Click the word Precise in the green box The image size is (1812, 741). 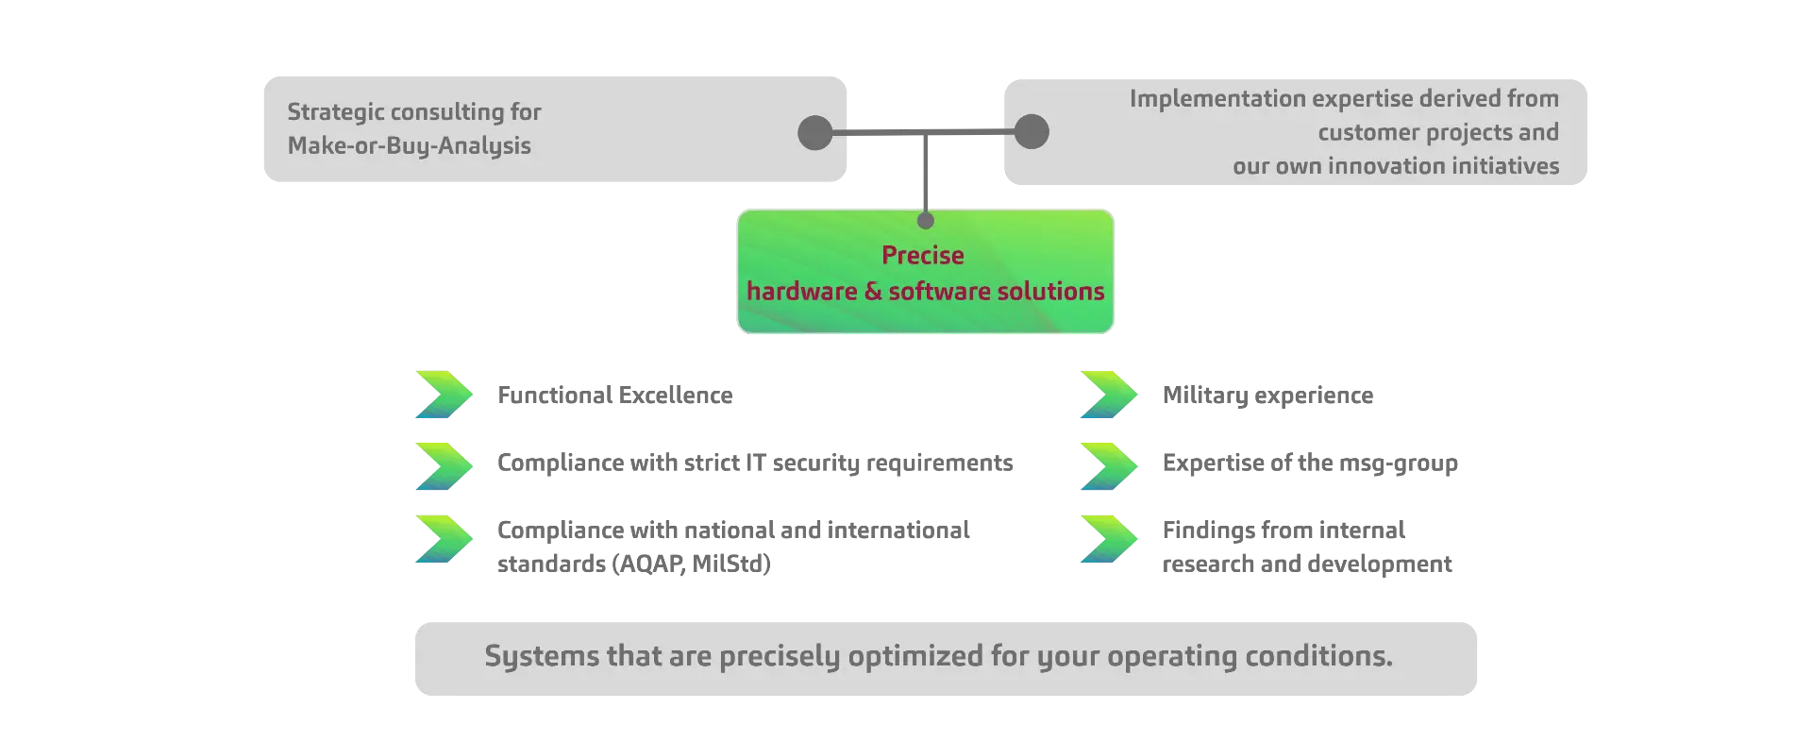point(922,255)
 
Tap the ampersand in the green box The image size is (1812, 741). point(873,292)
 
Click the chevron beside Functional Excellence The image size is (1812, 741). point(445,395)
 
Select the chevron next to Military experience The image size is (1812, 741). point(1110,395)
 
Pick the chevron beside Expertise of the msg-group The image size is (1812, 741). point(1110,466)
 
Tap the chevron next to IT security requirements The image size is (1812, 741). point(445,466)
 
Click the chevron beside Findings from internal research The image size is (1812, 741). point(1110,539)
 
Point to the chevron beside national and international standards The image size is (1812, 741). point(445,539)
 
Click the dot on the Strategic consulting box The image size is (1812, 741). point(815,132)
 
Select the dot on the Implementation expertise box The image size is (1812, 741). point(1032,131)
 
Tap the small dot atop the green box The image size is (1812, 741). point(926,221)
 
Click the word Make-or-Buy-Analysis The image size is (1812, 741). point(410,146)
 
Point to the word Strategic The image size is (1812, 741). point(336,112)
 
